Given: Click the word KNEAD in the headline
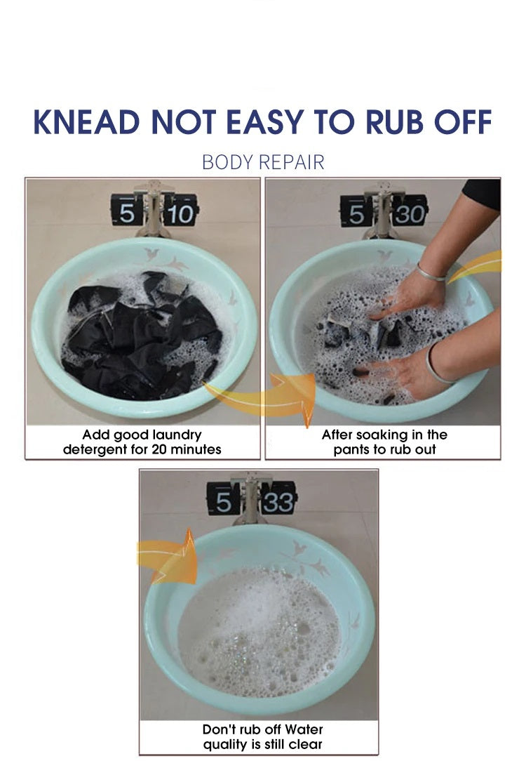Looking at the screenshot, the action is click(x=87, y=122).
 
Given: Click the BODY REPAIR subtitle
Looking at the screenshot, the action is click(x=263, y=162).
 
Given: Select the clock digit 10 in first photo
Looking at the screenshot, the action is click(x=180, y=213).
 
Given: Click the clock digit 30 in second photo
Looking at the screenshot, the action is click(x=410, y=213).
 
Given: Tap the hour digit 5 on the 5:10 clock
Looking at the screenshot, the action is click(x=126, y=213).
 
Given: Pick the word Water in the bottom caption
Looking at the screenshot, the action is click(x=304, y=729).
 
